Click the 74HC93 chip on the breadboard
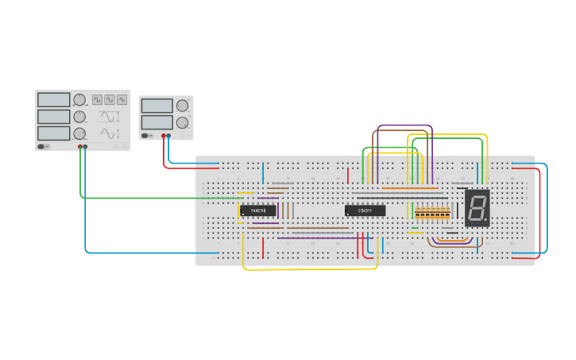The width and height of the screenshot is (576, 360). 258,211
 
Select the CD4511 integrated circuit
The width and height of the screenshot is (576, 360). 365,211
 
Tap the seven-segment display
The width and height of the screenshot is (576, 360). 477,208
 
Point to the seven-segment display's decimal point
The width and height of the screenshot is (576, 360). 485,220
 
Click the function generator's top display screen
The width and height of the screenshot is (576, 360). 53,100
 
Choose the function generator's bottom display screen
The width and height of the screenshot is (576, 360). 53,133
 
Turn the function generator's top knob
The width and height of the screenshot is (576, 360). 79,100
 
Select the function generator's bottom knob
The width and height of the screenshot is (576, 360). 79,133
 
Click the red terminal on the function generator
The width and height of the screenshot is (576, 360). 79,147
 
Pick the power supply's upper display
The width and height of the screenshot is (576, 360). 157,106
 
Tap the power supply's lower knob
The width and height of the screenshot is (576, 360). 182,122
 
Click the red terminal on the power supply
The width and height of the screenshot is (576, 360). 164,136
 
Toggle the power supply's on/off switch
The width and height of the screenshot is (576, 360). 145,136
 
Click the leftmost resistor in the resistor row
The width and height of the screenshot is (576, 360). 417,213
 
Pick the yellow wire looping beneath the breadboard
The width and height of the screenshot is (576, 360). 310,269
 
